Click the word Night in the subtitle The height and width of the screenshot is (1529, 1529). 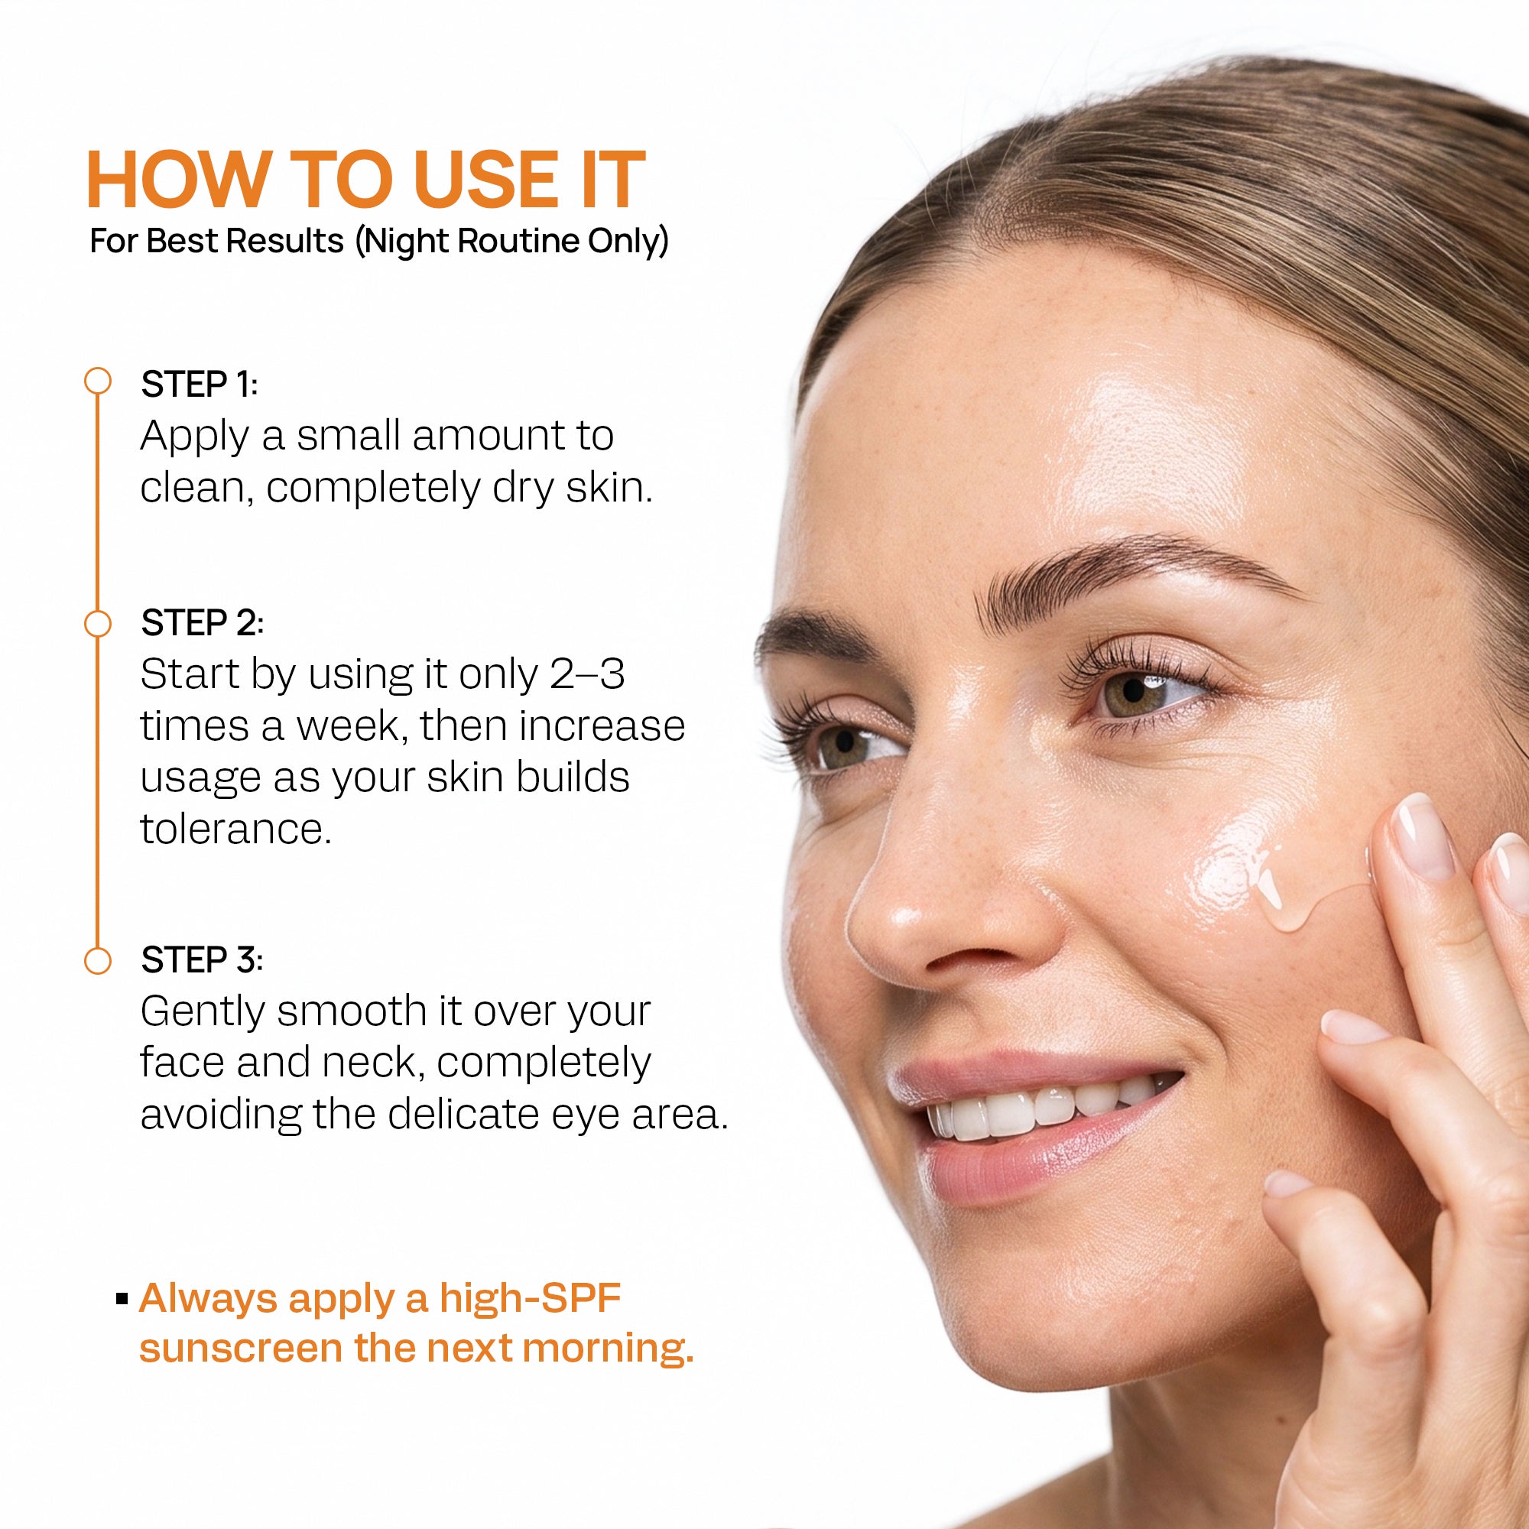pos(407,241)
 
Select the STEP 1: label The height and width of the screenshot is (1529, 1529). pos(200,385)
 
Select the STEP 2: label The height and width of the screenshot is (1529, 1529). pos(202,623)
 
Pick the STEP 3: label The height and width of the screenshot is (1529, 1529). pos(202,960)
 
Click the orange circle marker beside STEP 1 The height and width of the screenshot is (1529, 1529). pos(97,381)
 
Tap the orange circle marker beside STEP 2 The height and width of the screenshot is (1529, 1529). pos(97,624)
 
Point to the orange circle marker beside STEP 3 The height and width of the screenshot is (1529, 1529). pos(97,961)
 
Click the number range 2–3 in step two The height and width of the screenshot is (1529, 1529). pos(587,674)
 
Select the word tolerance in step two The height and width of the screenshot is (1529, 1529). pos(235,829)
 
